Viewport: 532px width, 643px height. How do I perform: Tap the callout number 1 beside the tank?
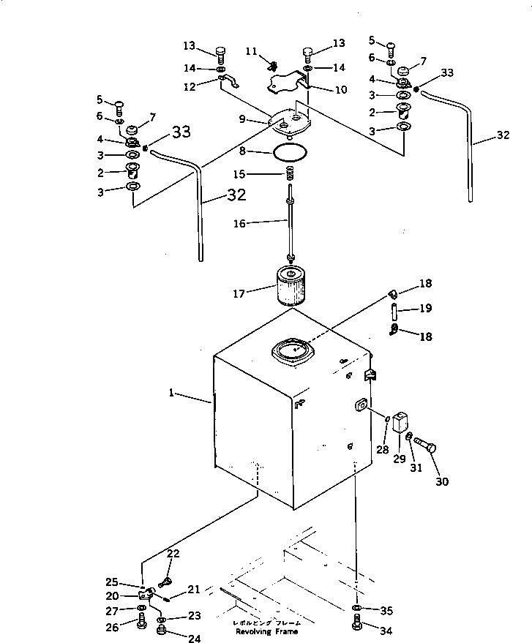[171, 393]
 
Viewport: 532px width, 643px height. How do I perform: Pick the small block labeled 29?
[400, 423]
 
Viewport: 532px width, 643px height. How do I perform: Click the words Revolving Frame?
[261, 631]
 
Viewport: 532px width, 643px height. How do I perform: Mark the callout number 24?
[194, 638]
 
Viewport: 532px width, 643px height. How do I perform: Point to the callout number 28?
[383, 449]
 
